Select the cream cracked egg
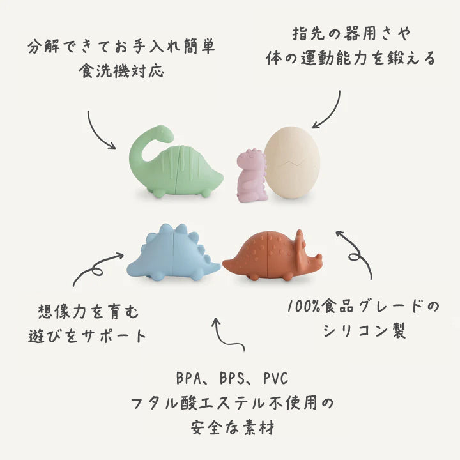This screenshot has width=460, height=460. [293, 162]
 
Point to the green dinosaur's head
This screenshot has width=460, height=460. [162, 133]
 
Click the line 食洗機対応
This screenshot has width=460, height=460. [121, 70]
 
